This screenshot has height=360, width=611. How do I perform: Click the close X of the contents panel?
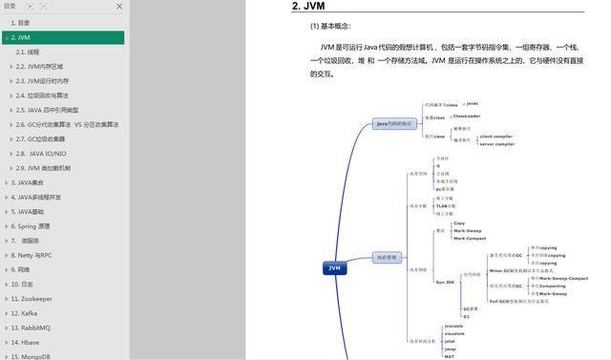coord(119,7)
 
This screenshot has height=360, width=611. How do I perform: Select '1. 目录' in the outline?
coord(20,22)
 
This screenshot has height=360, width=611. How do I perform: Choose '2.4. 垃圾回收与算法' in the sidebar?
coord(41,95)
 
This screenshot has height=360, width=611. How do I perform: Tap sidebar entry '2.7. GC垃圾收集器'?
coord(41,139)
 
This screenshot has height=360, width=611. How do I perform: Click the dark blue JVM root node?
coord(334,268)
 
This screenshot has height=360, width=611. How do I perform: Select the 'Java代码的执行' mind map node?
coord(394,123)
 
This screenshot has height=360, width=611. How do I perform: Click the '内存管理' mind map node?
coord(387,257)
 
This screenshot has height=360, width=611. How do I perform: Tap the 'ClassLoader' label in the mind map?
coord(467,116)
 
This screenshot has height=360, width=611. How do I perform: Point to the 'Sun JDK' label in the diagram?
coord(445,282)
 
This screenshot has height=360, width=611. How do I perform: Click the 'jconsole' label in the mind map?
coord(454,327)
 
